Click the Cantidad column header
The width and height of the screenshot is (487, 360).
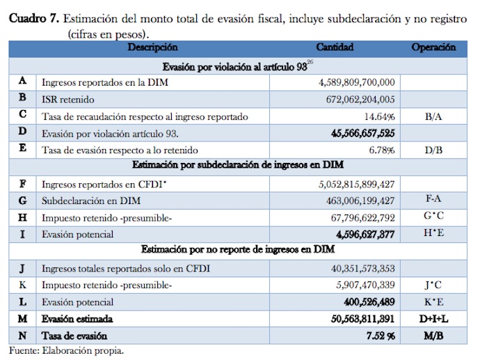[335, 48]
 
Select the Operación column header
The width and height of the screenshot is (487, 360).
[433, 48]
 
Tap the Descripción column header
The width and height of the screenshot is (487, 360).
[152, 48]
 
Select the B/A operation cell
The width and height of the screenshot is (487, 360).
[433, 116]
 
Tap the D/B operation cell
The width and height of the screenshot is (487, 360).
[433, 150]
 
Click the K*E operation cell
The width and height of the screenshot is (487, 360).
[433, 302]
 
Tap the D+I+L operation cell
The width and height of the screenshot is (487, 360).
[433, 318]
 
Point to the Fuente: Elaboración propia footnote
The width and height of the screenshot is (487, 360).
[66, 350]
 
